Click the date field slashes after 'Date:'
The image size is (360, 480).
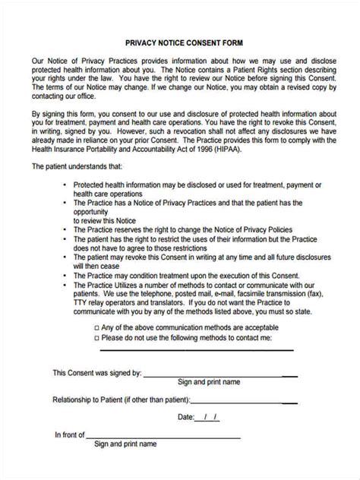pos(209,418)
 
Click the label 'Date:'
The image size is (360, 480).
pos(186,418)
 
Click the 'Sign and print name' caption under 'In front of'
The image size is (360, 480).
pos(125,444)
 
